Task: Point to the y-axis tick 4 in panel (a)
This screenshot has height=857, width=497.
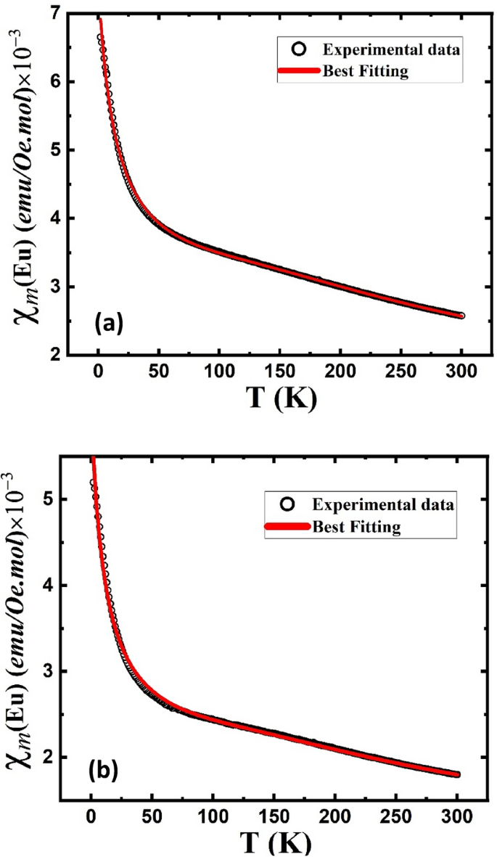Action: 53,219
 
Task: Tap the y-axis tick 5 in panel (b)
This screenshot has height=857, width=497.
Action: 53,499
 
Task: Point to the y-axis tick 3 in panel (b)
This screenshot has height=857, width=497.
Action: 53,671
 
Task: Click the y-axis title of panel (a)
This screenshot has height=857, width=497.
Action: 20,185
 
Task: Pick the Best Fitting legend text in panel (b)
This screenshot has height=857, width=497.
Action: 356,525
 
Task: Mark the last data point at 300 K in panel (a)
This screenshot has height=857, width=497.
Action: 461,316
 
